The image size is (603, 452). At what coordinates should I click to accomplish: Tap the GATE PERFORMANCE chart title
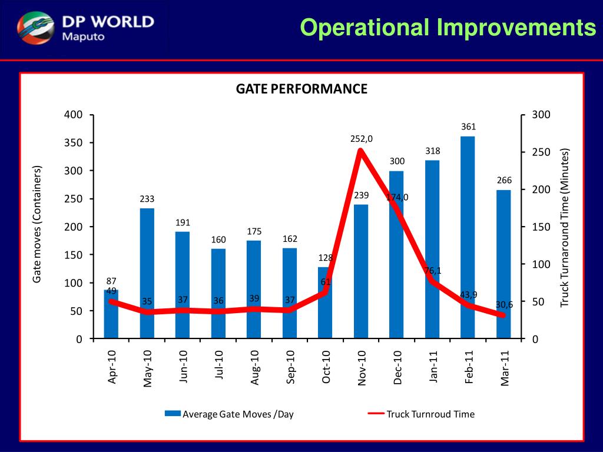[301, 89]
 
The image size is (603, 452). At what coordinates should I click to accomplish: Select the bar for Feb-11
[468, 238]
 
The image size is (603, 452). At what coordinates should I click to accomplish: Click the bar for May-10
[147, 274]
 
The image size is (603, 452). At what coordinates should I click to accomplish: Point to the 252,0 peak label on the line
[362, 139]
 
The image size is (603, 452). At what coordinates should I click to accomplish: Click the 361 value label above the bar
[468, 127]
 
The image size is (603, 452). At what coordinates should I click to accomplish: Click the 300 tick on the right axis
[540, 115]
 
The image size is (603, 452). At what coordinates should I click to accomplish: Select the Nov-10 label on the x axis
[362, 367]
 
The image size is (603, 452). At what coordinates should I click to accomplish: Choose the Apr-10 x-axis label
[112, 367]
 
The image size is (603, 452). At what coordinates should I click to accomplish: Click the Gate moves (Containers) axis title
[38, 224]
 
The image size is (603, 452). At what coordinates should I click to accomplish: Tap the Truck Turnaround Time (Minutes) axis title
[565, 227]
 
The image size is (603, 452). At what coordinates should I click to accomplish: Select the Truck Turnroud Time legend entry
[430, 414]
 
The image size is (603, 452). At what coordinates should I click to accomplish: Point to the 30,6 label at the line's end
[504, 304]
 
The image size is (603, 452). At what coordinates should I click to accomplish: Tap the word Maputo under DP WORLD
[83, 36]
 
